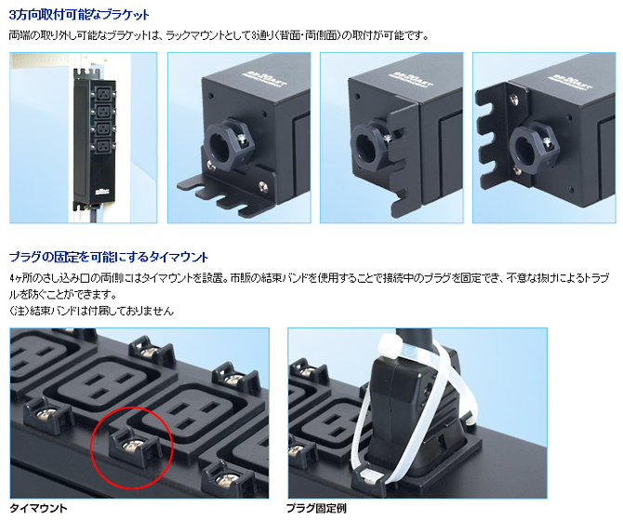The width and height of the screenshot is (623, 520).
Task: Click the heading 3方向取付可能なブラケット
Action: (79, 15)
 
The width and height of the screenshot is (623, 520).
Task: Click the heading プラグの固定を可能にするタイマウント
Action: (109, 257)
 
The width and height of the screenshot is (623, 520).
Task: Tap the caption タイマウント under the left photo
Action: (38, 508)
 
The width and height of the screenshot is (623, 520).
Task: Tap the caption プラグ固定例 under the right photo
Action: (316, 508)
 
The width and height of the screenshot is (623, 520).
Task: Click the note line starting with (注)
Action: (91, 311)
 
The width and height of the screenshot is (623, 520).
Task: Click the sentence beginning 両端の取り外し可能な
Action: (219, 35)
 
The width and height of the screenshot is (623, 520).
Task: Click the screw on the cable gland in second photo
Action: (244, 138)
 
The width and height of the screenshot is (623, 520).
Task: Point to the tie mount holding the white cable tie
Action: (370, 477)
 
